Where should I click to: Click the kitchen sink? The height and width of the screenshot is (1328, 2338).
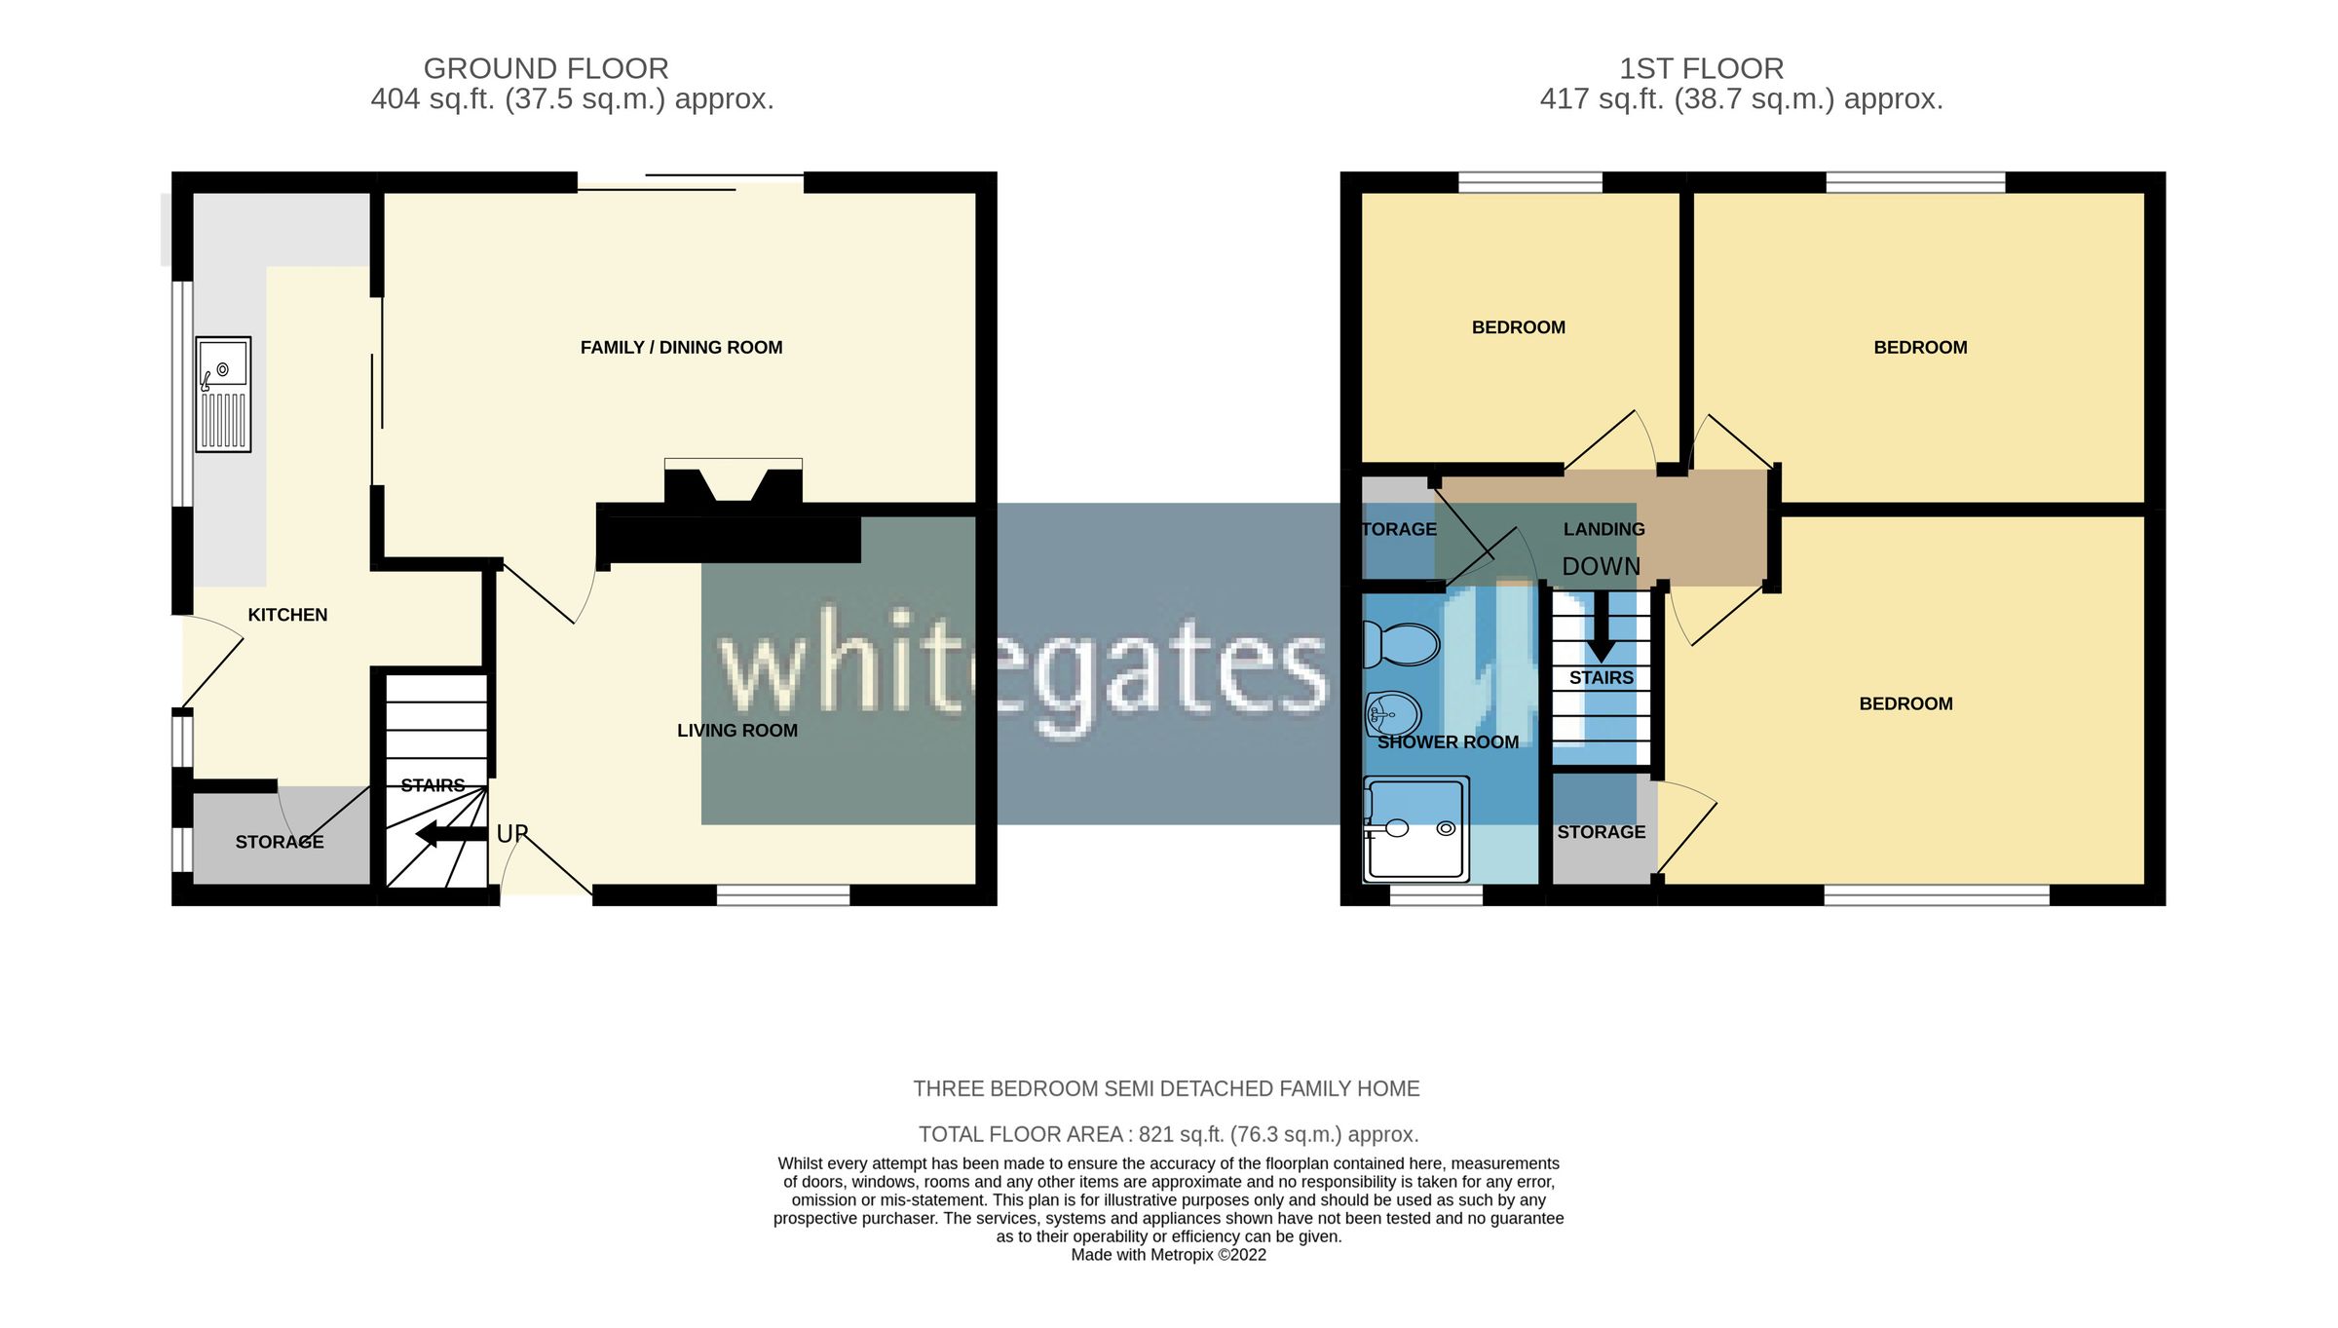click(x=223, y=394)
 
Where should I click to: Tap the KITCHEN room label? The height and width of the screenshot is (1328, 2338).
click(x=287, y=615)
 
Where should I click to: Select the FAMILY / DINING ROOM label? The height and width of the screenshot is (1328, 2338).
click(x=681, y=348)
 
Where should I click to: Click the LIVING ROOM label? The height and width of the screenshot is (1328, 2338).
click(x=736, y=731)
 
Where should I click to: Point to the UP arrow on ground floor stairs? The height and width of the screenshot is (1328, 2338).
click(x=450, y=834)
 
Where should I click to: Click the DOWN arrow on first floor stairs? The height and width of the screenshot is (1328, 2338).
click(x=1601, y=628)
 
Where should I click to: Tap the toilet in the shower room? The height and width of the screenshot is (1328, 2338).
click(x=1402, y=644)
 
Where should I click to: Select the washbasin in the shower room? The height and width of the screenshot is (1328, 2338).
click(x=1394, y=715)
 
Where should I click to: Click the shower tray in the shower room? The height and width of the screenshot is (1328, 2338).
click(x=1416, y=829)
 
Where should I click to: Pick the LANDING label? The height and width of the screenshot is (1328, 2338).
click(x=1603, y=529)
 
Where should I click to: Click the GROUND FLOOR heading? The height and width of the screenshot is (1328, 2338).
click(x=546, y=69)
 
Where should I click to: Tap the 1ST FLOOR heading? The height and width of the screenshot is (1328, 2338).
click(x=1701, y=69)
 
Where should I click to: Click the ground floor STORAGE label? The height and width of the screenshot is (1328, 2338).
click(x=280, y=842)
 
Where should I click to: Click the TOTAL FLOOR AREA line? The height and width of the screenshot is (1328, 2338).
click(x=1168, y=1134)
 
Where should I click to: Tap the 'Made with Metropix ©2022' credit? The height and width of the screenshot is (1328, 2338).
click(x=1168, y=1255)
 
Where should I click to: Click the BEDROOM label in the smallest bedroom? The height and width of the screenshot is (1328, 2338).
click(x=1518, y=327)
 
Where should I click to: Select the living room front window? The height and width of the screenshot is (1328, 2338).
click(x=783, y=894)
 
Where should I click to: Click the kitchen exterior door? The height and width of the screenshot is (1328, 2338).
click(x=211, y=663)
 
